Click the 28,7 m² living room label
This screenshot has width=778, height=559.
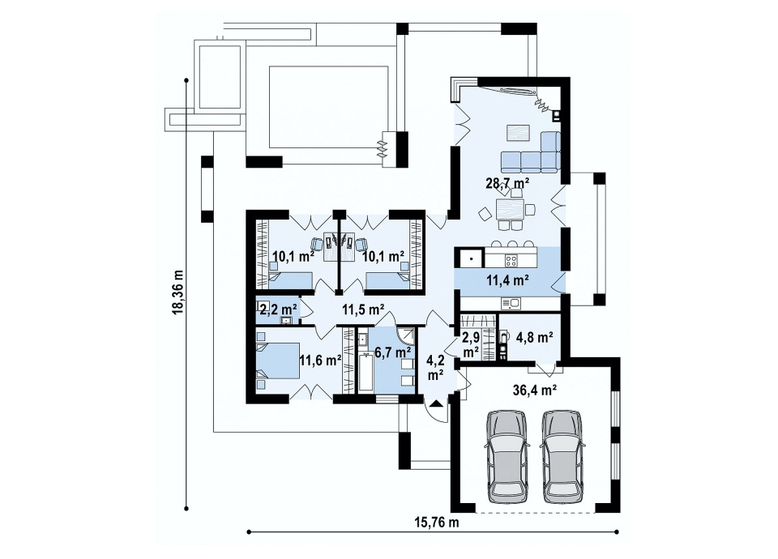(x=507, y=182)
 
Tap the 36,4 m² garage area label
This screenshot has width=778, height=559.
(x=533, y=390)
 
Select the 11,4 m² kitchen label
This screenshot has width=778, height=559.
(x=506, y=280)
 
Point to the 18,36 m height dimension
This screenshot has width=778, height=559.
(x=178, y=291)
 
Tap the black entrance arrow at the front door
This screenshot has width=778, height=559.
(x=436, y=403)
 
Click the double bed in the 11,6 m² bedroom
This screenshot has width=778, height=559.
(x=277, y=361)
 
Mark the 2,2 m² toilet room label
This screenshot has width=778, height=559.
(x=278, y=310)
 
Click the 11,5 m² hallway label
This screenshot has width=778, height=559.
(x=364, y=309)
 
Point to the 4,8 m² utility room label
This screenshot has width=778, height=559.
(x=534, y=339)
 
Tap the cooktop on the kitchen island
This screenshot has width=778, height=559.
(x=511, y=259)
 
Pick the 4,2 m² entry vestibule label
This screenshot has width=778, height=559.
(x=435, y=368)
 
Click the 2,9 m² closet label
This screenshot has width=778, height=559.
(x=470, y=345)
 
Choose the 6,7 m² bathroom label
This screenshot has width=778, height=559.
(x=392, y=352)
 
